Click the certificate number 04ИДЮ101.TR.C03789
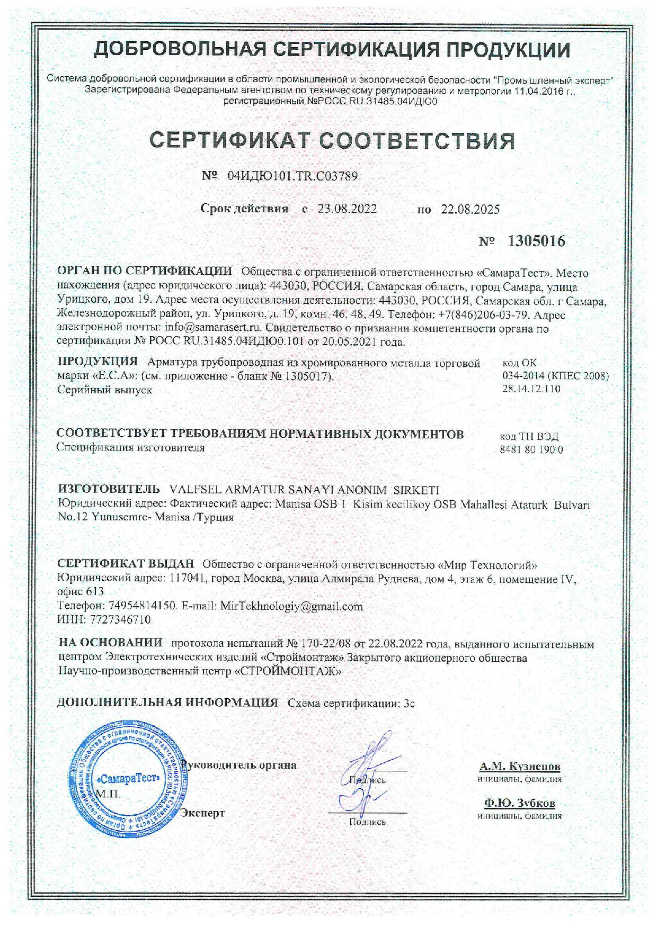(292, 176)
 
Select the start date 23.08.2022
(347, 209)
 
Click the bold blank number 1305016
(536, 241)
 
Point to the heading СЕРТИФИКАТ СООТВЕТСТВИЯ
(332, 141)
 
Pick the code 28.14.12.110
(531, 389)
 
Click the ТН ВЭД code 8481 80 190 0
(531, 450)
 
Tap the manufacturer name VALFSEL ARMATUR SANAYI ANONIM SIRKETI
(303, 490)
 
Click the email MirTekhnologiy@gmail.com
(291, 606)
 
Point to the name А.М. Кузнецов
(520, 766)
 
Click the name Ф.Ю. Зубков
(520, 803)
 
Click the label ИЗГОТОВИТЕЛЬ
(109, 488)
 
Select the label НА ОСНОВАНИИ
(111, 643)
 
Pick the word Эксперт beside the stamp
(203, 813)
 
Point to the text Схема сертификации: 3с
(351, 703)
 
